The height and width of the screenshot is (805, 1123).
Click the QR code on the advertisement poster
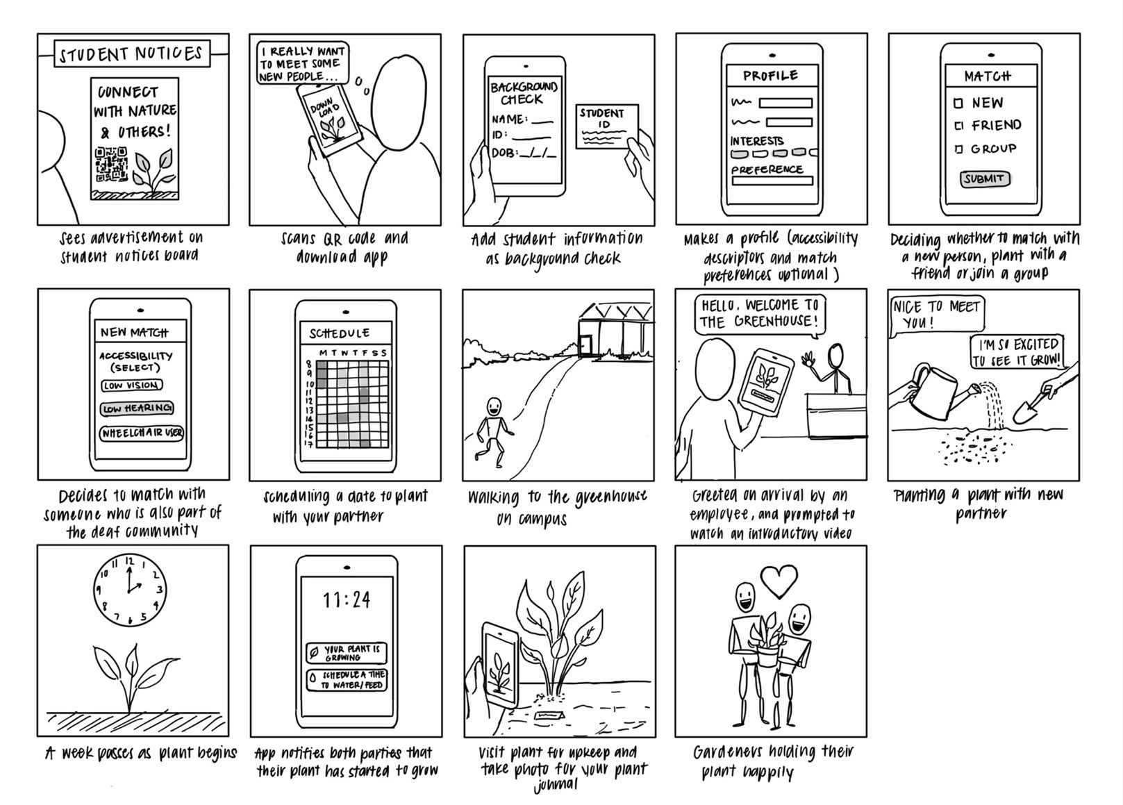111,167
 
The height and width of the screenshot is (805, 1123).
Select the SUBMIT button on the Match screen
984,179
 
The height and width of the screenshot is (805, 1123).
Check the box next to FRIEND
958,126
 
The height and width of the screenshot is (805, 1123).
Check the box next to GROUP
958,149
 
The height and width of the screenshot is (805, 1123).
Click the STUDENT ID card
606,126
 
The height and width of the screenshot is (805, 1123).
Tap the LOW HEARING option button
137,408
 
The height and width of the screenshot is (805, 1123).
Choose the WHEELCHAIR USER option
142,433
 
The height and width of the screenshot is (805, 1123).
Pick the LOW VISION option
132,385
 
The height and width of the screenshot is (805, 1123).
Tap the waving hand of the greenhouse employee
808,360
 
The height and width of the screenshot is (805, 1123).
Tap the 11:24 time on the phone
347,599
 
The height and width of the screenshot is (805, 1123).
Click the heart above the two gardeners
779,580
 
